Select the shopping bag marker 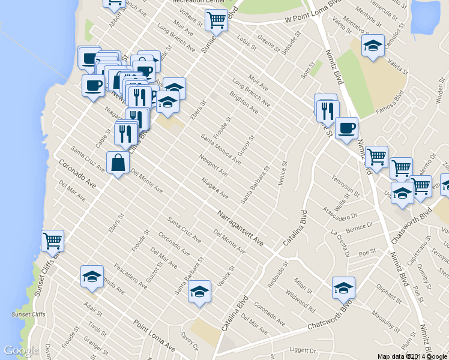pos(118,163)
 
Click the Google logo pos(21,350)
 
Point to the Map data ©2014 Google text pos(411,356)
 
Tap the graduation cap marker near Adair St pos(92,276)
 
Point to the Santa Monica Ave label pos(221,149)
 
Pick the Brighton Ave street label pos(245,103)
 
